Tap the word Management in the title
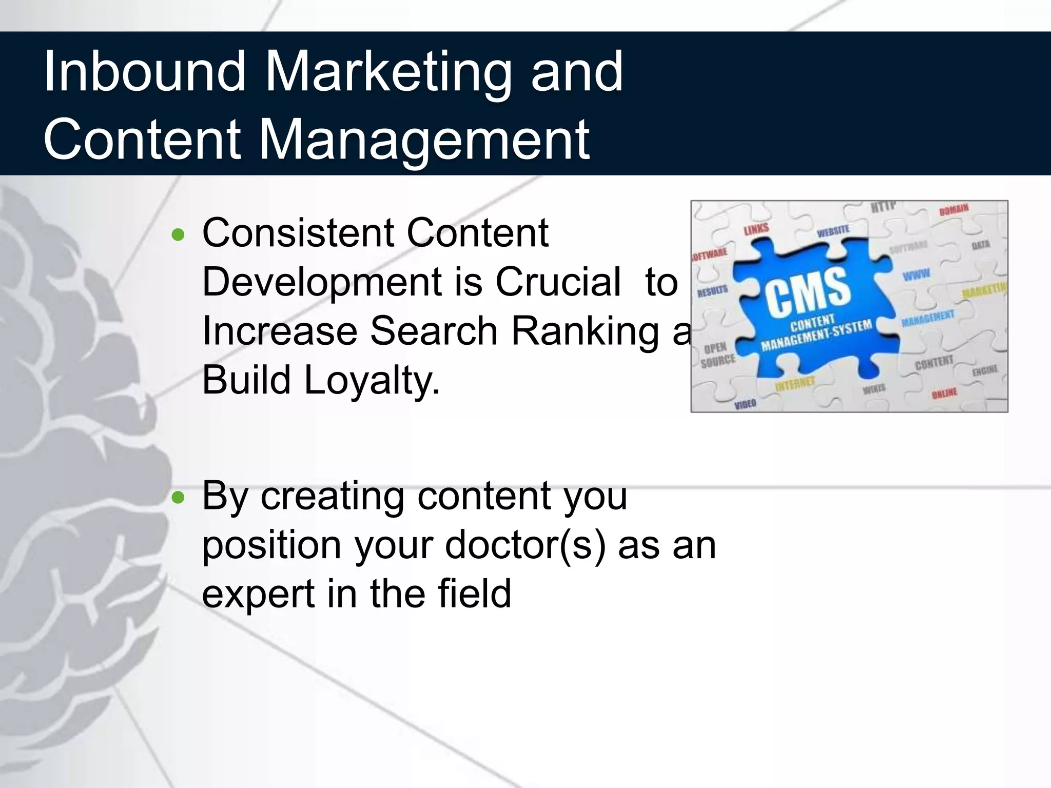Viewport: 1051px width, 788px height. point(426,140)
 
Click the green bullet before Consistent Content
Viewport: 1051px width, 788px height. point(178,235)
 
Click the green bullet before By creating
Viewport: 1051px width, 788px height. point(178,498)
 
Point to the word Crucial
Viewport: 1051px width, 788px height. point(558,282)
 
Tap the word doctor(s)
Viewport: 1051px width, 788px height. point(525,545)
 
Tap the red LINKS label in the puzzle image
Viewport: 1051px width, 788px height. point(756,229)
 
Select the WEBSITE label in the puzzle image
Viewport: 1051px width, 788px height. point(833,231)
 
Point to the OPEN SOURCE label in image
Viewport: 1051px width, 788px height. point(717,354)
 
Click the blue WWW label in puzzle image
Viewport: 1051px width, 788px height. point(916,274)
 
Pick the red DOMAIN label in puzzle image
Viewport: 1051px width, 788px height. point(954,209)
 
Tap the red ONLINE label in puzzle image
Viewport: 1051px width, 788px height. point(944,393)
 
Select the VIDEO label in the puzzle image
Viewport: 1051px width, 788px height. point(745,404)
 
